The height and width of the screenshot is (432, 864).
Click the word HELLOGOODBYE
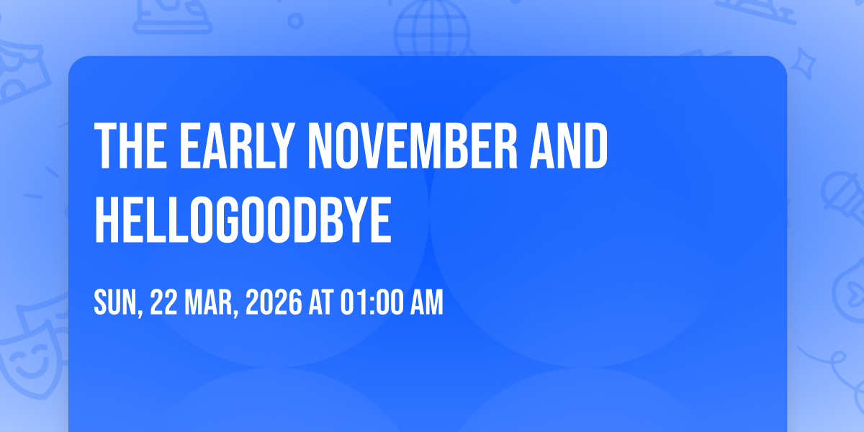tap(243, 220)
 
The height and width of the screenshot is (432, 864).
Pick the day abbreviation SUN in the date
tap(116, 302)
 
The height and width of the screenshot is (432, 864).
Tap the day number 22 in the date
tap(163, 302)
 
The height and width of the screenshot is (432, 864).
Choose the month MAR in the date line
tap(209, 302)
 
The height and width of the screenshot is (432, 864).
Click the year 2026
tap(274, 302)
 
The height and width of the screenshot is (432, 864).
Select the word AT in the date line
tap(321, 302)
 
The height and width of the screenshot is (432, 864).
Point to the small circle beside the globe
tap(295, 21)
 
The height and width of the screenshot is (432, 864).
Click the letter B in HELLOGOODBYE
tap(328, 220)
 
